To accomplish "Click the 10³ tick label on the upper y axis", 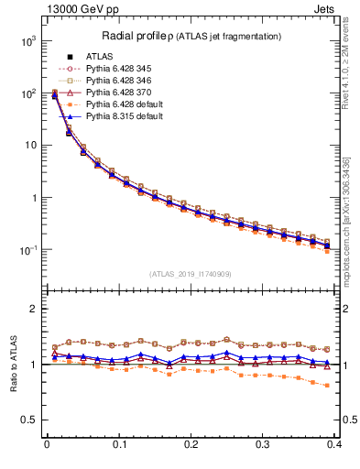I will [x=27, y=41].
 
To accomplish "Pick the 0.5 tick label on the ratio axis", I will [x=30, y=420].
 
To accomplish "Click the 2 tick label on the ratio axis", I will [x=34, y=309].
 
